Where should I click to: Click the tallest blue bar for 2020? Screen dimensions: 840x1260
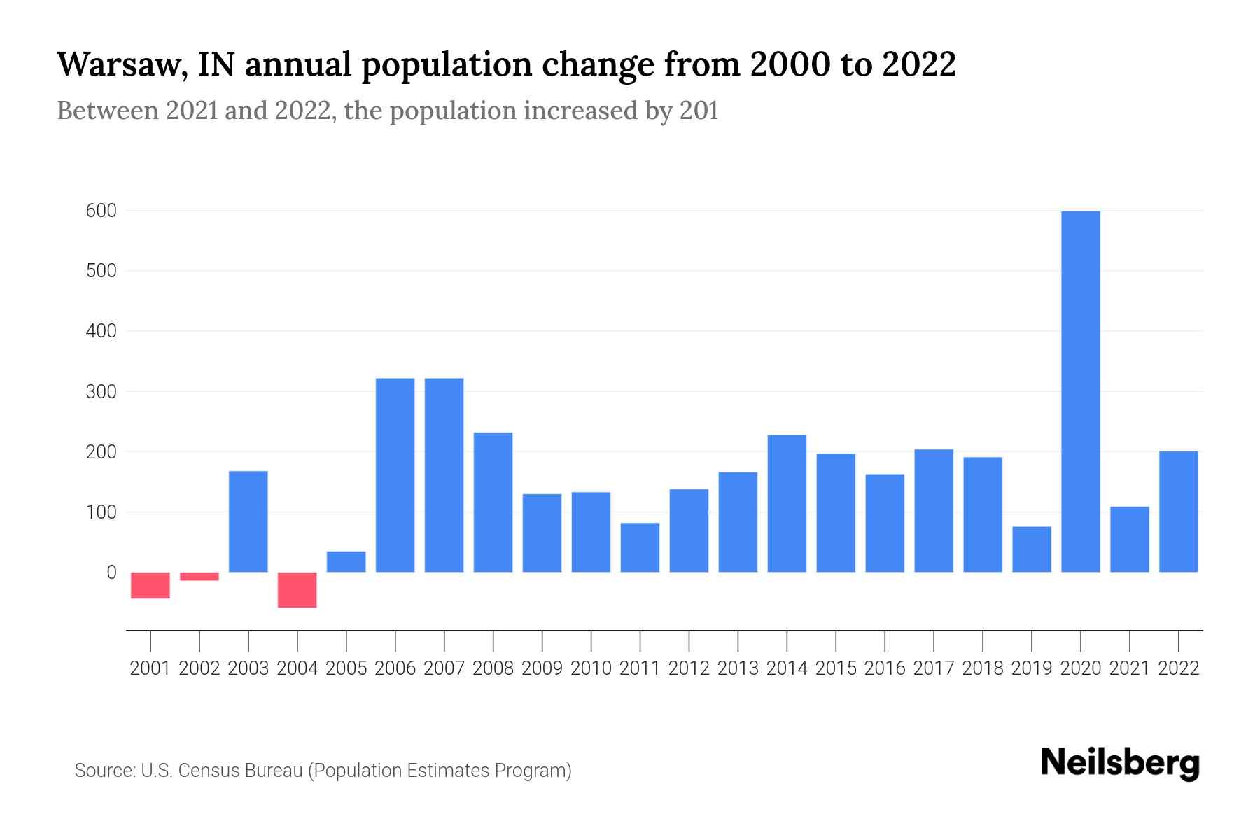pyautogui.click(x=1081, y=392)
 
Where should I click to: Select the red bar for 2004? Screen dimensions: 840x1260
pyautogui.click(x=297, y=589)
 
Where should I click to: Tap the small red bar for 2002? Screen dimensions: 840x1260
pyautogui.click(x=199, y=576)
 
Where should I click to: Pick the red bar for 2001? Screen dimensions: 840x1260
pyautogui.click(x=150, y=585)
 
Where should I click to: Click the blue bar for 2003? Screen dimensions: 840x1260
pyautogui.click(x=248, y=521)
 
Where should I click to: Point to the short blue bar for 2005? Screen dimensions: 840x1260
pyautogui.click(x=346, y=562)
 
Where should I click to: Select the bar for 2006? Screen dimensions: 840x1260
pyautogui.click(x=395, y=475)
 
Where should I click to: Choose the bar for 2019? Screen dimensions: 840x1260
pyautogui.click(x=1032, y=549)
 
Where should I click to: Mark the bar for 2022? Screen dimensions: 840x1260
pyautogui.click(x=1179, y=512)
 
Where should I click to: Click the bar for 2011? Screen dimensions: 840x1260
pyautogui.click(x=640, y=547)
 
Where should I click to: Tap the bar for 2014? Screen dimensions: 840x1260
pyautogui.click(x=787, y=503)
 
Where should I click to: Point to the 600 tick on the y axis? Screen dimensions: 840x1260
pyautogui.click(x=101, y=211)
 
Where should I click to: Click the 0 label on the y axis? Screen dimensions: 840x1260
pyautogui.click(x=111, y=573)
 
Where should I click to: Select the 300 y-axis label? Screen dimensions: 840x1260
pyautogui.click(x=101, y=392)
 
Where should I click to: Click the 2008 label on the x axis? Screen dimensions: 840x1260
pyautogui.click(x=493, y=668)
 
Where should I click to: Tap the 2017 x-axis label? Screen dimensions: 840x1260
pyautogui.click(x=934, y=668)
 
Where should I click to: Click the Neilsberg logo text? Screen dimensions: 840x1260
pyautogui.click(x=1120, y=763)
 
